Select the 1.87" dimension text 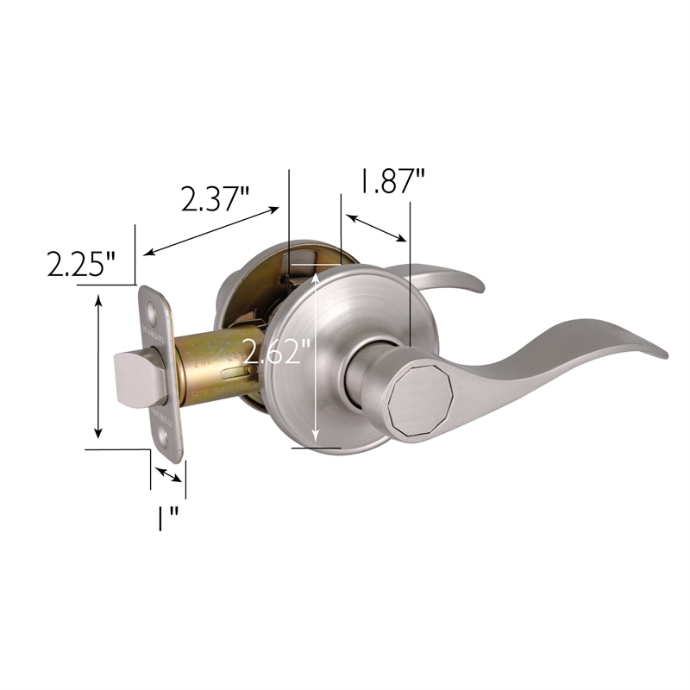[x=392, y=183]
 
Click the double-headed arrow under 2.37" [x=211, y=230]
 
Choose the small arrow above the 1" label [x=167, y=474]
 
